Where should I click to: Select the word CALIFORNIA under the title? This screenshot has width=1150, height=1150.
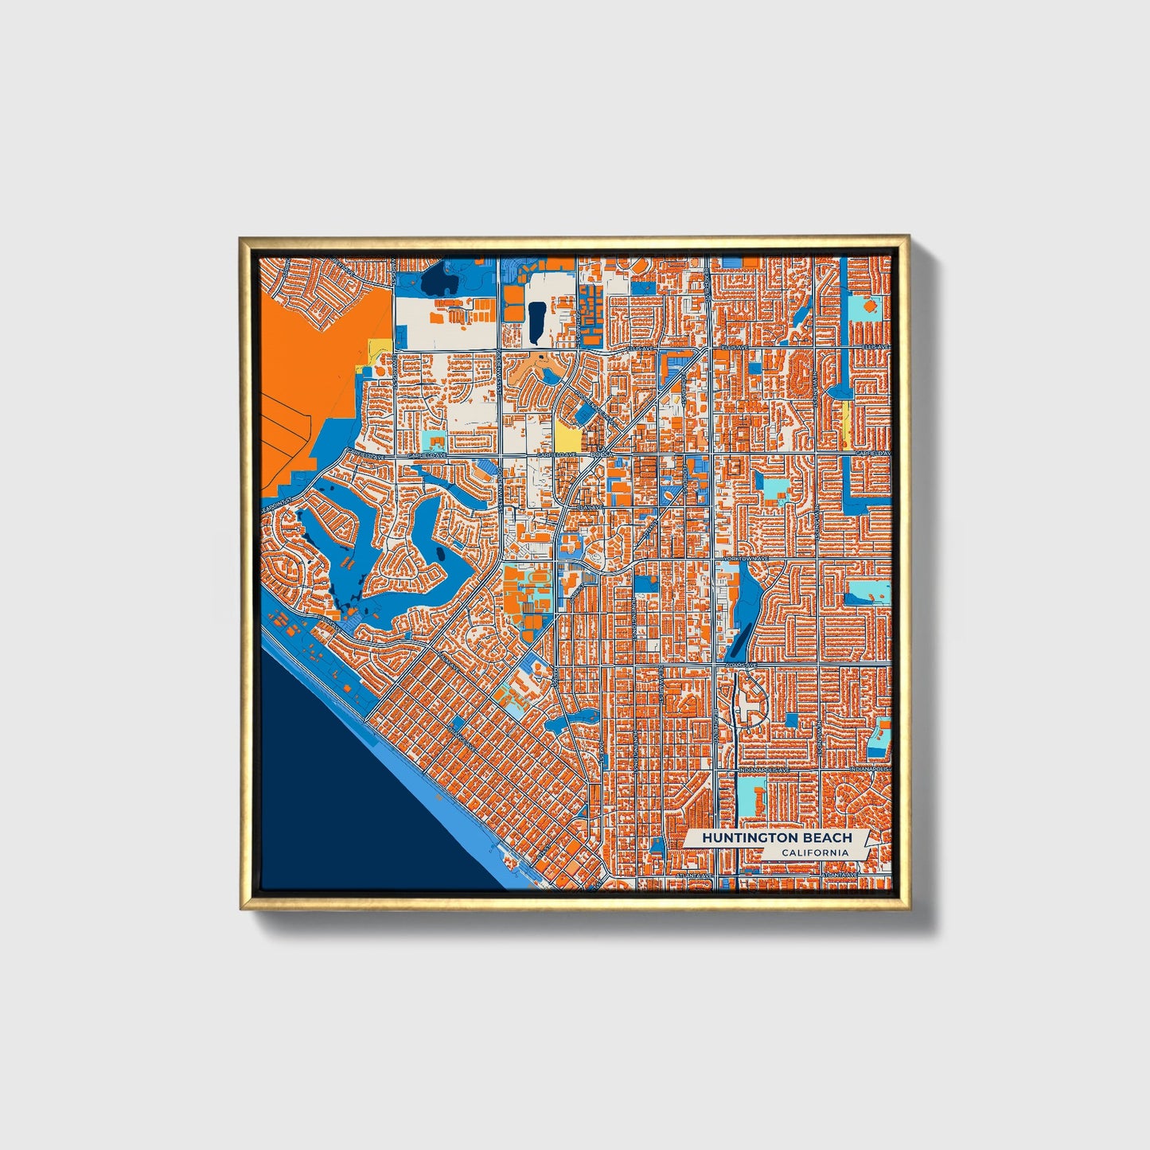[x=814, y=853]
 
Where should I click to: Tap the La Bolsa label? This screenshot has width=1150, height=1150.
[x=599, y=454]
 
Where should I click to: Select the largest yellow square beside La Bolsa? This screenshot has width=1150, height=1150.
[x=566, y=435]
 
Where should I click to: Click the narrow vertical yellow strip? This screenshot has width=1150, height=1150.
[x=845, y=424]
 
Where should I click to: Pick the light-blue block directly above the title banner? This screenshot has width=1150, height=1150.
[x=750, y=793]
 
